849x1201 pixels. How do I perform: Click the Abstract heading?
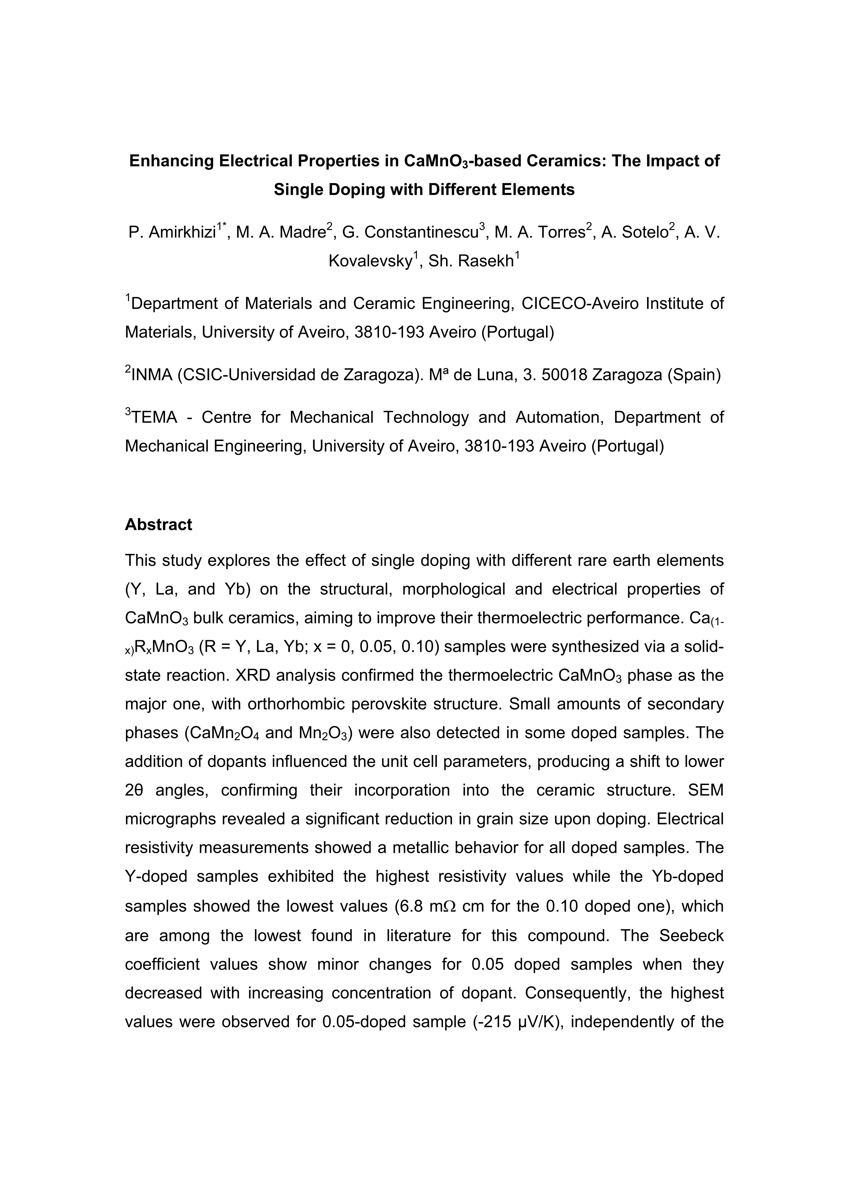(159, 524)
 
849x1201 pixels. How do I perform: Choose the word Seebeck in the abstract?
(691, 935)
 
